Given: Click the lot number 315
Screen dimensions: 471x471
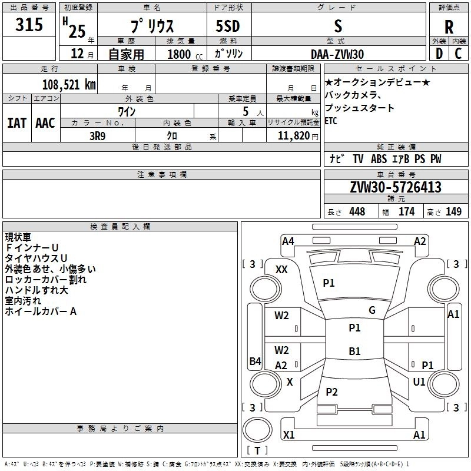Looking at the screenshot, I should click(29, 25).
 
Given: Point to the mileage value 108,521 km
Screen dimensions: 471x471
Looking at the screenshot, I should click(69, 84).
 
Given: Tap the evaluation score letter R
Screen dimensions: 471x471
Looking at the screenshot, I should click(449, 26).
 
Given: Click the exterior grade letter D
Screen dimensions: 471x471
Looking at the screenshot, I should click(439, 54).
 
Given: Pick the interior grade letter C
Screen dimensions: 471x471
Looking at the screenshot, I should click(458, 54).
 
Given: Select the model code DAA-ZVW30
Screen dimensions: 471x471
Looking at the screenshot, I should click(337, 54).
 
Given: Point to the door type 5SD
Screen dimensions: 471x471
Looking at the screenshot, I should click(228, 26).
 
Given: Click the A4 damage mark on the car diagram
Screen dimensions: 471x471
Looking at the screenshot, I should click(288, 241).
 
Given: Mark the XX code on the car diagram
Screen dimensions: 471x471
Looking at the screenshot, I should click(281, 269).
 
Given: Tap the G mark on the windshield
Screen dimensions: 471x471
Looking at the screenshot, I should click(372, 310).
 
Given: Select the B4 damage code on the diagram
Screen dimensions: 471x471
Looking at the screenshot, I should click(255, 361).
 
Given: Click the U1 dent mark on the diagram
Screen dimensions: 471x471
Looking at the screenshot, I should click(419, 382).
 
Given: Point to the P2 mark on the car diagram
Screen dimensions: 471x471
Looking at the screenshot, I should click(331, 392).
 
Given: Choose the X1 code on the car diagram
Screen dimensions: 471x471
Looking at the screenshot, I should click(288, 435).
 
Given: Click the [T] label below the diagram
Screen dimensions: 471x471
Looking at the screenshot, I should click(257, 451).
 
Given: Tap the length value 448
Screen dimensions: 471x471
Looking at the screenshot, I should click(357, 211).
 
